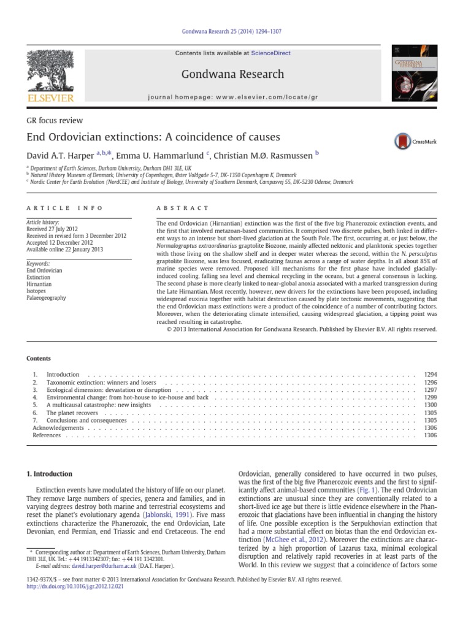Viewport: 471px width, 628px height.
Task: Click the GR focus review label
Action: tap(54, 121)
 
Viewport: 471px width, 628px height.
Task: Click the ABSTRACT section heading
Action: tap(183, 209)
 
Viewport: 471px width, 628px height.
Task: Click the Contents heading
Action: tap(39, 358)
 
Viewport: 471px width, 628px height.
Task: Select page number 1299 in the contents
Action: tap(431, 397)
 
